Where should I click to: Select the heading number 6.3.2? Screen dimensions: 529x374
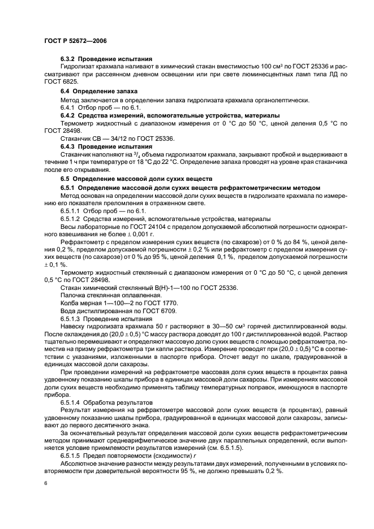(x=68, y=59)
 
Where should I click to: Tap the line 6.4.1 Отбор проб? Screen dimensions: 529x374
(x=93, y=107)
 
